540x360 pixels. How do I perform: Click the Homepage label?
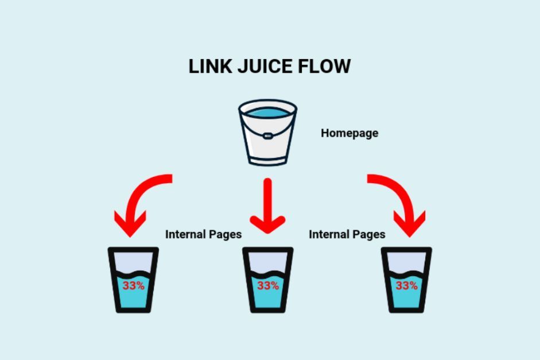point(349,133)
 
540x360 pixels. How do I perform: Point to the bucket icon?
point(267,133)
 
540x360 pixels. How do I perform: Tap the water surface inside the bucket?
point(267,112)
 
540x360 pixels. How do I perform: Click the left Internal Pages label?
point(203,234)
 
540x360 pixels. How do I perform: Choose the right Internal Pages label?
point(347,234)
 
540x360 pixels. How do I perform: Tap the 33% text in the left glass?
point(133,285)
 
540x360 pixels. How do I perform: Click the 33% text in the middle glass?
point(268,285)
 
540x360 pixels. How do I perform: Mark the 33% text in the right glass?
point(406,285)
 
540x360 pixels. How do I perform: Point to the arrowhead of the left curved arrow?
point(130,224)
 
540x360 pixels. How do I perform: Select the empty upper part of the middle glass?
point(268,261)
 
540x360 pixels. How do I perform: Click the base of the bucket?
point(267,159)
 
